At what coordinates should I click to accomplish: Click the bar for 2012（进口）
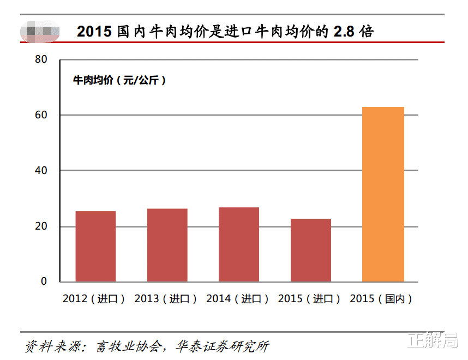(x=95, y=246)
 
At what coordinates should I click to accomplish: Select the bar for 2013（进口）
(x=167, y=245)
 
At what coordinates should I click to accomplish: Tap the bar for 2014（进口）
(x=239, y=244)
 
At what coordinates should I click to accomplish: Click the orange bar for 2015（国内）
(x=383, y=194)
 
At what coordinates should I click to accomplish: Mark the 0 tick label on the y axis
(x=44, y=282)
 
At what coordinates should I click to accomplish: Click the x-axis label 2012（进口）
(x=94, y=299)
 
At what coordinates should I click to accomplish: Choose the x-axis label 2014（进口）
(x=238, y=299)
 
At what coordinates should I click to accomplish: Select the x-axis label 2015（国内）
(x=381, y=299)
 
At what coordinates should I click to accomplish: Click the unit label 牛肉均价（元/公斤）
(x=119, y=80)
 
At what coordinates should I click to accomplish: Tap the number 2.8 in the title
(x=345, y=31)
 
